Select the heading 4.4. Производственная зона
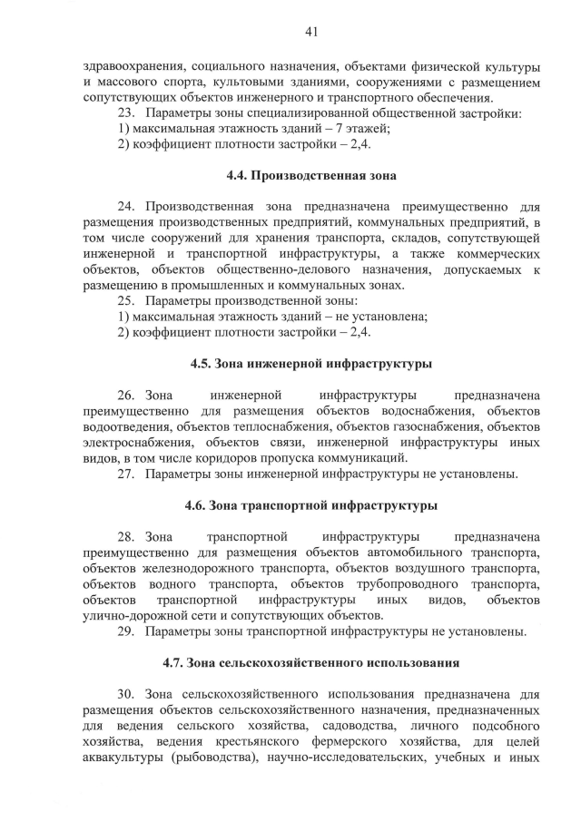[310, 174]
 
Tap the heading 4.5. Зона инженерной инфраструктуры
[310, 364]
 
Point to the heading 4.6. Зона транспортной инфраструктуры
[310, 504]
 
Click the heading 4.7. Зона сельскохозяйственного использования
[310, 662]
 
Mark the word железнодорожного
[194, 568]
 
